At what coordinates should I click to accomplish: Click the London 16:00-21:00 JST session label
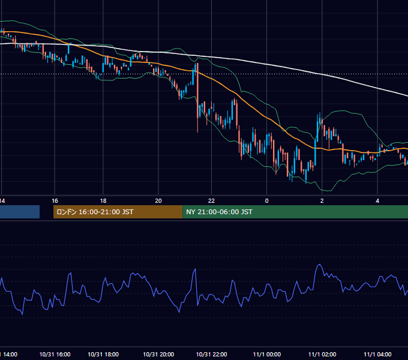pos(95,212)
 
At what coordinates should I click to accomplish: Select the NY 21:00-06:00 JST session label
pos(219,212)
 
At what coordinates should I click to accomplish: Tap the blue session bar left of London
pos(20,212)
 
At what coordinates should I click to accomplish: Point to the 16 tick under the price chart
pos(55,201)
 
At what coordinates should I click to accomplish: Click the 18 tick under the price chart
pos(103,201)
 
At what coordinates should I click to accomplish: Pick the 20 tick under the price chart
pos(158,201)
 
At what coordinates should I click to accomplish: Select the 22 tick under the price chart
pos(212,201)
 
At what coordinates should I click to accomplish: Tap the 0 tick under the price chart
pos(267,201)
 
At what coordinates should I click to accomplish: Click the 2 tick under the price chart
pos(322,201)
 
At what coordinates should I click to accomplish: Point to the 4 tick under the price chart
pos(377,201)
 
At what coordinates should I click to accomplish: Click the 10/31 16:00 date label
pos(55,355)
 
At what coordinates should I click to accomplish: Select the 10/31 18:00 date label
pos(103,355)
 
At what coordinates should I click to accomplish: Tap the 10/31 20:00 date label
pos(158,355)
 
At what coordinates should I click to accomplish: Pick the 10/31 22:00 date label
pos(212,355)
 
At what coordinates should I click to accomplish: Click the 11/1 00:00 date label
pos(267,355)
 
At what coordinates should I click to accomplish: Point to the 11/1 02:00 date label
pos(322,355)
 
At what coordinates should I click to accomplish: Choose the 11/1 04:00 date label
pos(377,355)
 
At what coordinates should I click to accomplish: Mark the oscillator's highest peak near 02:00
pos(319,265)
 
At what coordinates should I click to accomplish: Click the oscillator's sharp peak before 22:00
pos(195,269)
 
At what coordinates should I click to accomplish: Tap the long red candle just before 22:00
pos(198,98)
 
